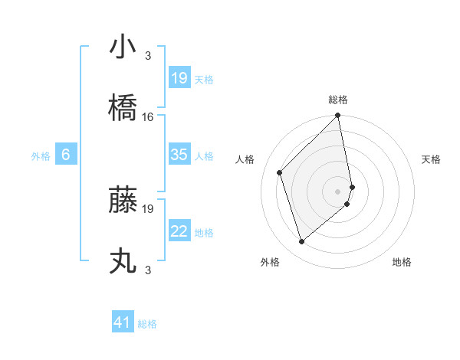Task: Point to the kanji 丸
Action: click(x=123, y=260)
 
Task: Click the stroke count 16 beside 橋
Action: click(x=148, y=117)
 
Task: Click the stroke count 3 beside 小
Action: click(x=148, y=56)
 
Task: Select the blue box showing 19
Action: click(x=179, y=78)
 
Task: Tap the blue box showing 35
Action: click(x=179, y=155)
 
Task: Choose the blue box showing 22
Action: click(x=179, y=231)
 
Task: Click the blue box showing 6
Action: click(x=66, y=155)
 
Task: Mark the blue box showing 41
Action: click(x=123, y=322)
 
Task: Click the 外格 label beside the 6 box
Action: click(x=41, y=155)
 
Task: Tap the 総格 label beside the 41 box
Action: click(x=147, y=324)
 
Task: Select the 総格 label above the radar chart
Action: click(x=338, y=100)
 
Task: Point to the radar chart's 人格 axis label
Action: click(x=245, y=159)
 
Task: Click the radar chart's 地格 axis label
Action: click(x=402, y=262)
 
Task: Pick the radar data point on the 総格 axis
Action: click(x=338, y=116)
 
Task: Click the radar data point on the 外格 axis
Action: click(x=302, y=242)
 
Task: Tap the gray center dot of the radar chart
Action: click(x=338, y=190)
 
